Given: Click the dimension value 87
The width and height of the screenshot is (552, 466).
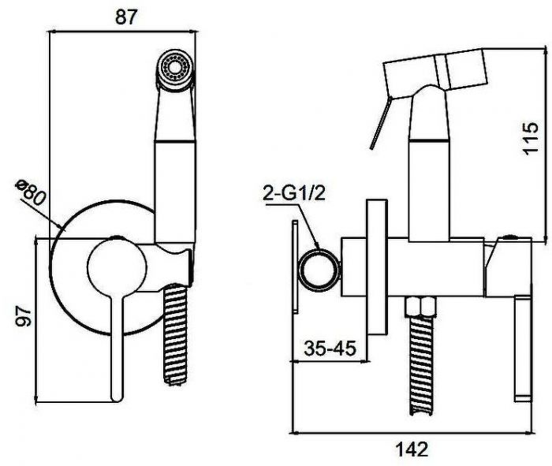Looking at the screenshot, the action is point(125,17).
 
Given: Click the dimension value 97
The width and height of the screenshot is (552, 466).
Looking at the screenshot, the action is point(25,316).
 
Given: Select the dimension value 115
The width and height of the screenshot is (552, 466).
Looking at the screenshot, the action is point(531,138).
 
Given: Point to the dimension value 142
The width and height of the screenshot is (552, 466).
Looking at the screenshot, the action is point(412,449).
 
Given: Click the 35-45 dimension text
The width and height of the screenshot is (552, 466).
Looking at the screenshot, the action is point(330,348).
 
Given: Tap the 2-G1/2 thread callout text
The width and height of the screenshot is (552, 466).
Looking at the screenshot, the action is point(295,194).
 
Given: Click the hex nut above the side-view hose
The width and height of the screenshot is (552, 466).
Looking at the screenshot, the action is point(421,307).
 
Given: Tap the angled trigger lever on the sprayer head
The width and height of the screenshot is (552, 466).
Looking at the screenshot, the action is point(380,123).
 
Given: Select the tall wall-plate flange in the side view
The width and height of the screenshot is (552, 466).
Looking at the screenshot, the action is point(377,267).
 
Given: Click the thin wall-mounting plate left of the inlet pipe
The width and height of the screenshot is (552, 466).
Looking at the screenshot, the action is point(295,267).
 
